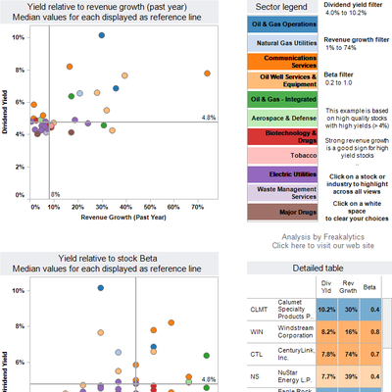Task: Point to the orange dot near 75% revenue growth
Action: [206, 73]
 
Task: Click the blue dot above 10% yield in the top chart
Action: [102, 35]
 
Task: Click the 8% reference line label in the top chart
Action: [56, 194]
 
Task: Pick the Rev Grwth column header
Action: [350, 286]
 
